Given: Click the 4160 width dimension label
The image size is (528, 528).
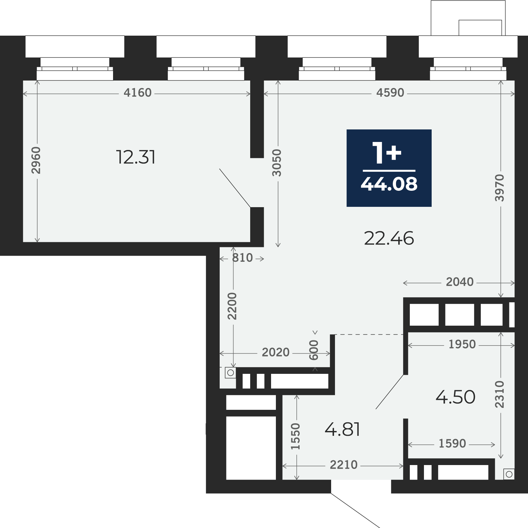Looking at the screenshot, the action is coord(137,93).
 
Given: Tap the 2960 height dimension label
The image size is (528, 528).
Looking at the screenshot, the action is coord(36,160).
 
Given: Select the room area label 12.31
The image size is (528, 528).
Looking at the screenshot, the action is coord(136,157).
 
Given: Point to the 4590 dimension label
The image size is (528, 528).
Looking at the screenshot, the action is coord(390,93).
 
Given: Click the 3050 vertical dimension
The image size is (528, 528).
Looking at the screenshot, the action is coord(277,163).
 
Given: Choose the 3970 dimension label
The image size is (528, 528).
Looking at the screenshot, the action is coord(499,188).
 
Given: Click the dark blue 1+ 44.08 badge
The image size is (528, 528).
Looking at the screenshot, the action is coord(389,168).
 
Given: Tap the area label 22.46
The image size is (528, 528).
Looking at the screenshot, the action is coord(389,239).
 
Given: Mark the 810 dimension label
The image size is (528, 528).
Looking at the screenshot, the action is coord(242,258).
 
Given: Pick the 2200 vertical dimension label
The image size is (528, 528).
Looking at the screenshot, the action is coord(232,306).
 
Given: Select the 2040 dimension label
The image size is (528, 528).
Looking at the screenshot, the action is coord(460,282).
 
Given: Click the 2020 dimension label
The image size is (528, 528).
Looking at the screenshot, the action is coord(276,353).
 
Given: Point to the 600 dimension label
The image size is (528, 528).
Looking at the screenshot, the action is coord(313,350).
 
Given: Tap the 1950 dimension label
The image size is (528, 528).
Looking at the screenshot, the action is coord(462,344).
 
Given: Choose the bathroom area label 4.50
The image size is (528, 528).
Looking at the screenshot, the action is coord(455,397).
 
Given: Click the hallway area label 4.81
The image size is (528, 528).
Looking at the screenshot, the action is coord(342,430).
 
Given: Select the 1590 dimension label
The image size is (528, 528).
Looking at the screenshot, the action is coord(452,444).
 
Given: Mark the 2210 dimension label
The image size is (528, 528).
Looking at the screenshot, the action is coord(344,465).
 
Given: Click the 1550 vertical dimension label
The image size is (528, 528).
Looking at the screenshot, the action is coord(295,436).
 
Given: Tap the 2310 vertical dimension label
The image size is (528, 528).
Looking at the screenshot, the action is coord(499,394).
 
